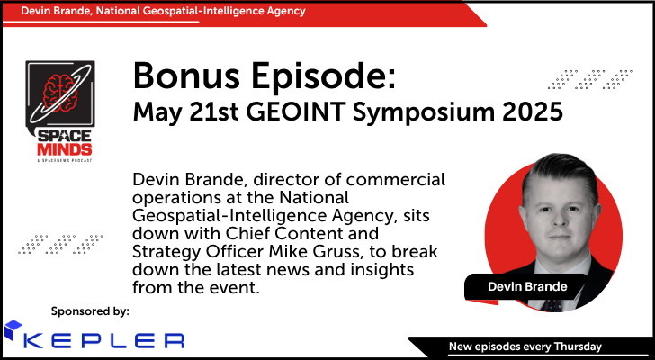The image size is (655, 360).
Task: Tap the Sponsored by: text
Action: point(91,310)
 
